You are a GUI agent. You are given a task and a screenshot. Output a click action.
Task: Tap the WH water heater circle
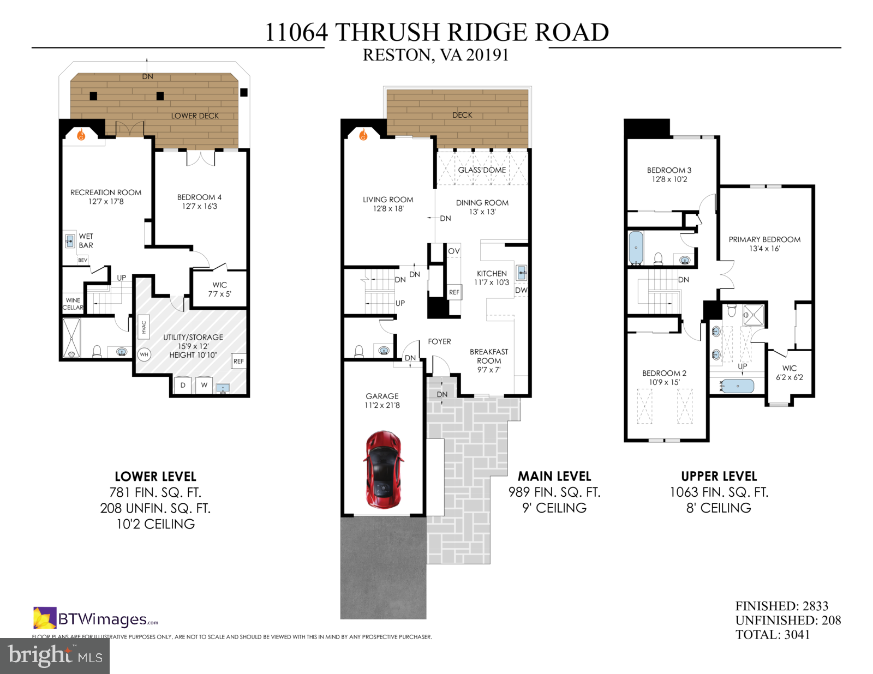(x=144, y=354)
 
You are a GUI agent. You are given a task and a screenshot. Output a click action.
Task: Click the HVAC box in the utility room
(x=144, y=327)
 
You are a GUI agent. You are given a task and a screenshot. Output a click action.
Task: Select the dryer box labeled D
(x=183, y=385)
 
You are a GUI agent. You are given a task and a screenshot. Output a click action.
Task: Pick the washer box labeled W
(x=204, y=385)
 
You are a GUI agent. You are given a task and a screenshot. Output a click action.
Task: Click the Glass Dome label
(x=482, y=170)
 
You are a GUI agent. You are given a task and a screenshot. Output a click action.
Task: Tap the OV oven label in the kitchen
(x=454, y=251)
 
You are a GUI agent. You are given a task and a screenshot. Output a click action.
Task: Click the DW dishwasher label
(x=521, y=290)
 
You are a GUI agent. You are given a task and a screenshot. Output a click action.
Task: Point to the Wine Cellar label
(x=73, y=304)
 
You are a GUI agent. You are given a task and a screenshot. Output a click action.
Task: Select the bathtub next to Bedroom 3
(x=636, y=248)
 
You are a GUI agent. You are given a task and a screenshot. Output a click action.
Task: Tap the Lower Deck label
(x=195, y=116)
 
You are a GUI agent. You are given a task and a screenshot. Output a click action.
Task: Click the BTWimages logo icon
(x=45, y=618)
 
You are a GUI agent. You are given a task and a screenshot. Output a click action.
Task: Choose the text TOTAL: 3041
(x=772, y=634)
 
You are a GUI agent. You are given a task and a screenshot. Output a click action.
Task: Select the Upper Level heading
(x=719, y=476)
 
